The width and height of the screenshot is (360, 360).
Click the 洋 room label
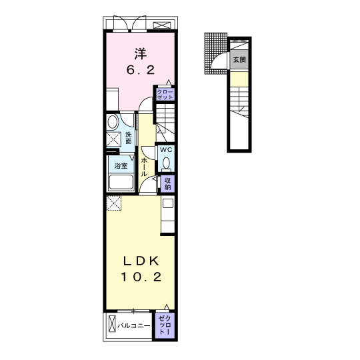click(141, 54)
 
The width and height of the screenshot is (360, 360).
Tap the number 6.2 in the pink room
click(141, 70)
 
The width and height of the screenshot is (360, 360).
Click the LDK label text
click(141, 261)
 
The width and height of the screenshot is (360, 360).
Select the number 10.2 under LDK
click(141, 277)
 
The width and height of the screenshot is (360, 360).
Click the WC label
click(166, 150)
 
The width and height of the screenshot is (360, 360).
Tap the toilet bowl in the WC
click(166, 164)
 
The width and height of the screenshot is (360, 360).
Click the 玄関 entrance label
click(239, 60)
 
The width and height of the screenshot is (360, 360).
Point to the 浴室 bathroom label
click(121, 166)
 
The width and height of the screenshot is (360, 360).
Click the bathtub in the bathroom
click(121, 183)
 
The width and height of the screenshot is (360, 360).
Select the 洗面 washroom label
click(129, 138)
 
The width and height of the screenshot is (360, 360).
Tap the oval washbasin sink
click(113, 122)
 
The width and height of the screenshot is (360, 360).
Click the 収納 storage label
click(167, 184)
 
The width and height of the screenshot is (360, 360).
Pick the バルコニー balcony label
click(134, 325)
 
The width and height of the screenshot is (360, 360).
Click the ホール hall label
click(144, 167)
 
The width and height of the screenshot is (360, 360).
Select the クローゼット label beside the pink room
click(165, 95)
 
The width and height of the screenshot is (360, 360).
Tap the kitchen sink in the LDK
click(168, 203)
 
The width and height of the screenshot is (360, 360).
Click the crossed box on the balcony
click(112, 323)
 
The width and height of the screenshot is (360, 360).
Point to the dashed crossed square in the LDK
click(114, 203)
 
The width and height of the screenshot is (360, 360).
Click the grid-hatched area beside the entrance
click(215, 53)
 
